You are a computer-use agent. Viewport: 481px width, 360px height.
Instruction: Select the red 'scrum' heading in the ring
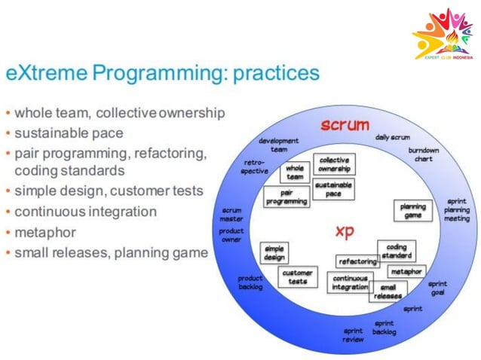pyautogui.click(x=343, y=124)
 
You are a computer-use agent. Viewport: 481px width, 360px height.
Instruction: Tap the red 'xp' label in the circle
pyautogui.click(x=344, y=232)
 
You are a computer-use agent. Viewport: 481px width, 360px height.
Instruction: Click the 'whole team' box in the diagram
pyautogui.click(x=295, y=172)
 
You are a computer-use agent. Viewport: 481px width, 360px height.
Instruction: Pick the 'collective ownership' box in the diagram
pyautogui.click(x=334, y=164)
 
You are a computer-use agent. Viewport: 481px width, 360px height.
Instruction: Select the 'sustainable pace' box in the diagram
pyautogui.click(x=333, y=188)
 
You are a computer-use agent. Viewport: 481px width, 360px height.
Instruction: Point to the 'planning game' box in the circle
pyautogui.click(x=412, y=210)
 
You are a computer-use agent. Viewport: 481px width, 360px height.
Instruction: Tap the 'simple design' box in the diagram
pyautogui.click(x=274, y=253)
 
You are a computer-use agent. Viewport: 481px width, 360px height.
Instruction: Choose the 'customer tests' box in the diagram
pyautogui.click(x=298, y=276)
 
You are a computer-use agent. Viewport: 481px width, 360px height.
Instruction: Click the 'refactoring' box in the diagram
pyautogui.click(x=357, y=261)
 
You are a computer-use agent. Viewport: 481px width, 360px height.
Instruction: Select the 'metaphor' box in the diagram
pyautogui.click(x=406, y=271)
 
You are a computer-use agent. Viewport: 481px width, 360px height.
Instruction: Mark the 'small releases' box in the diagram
pyautogui.click(x=388, y=291)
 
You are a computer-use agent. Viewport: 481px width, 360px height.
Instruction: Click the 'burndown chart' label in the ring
pyautogui.click(x=424, y=154)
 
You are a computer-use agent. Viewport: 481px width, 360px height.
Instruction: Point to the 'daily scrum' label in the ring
pyautogui.click(x=392, y=137)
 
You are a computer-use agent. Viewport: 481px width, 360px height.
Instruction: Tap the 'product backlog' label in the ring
pyautogui.click(x=250, y=282)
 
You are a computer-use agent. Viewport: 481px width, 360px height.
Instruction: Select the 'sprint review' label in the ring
pyautogui.click(x=353, y=334)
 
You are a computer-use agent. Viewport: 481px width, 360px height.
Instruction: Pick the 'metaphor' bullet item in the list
pyautogui.click(x=43, y=232)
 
